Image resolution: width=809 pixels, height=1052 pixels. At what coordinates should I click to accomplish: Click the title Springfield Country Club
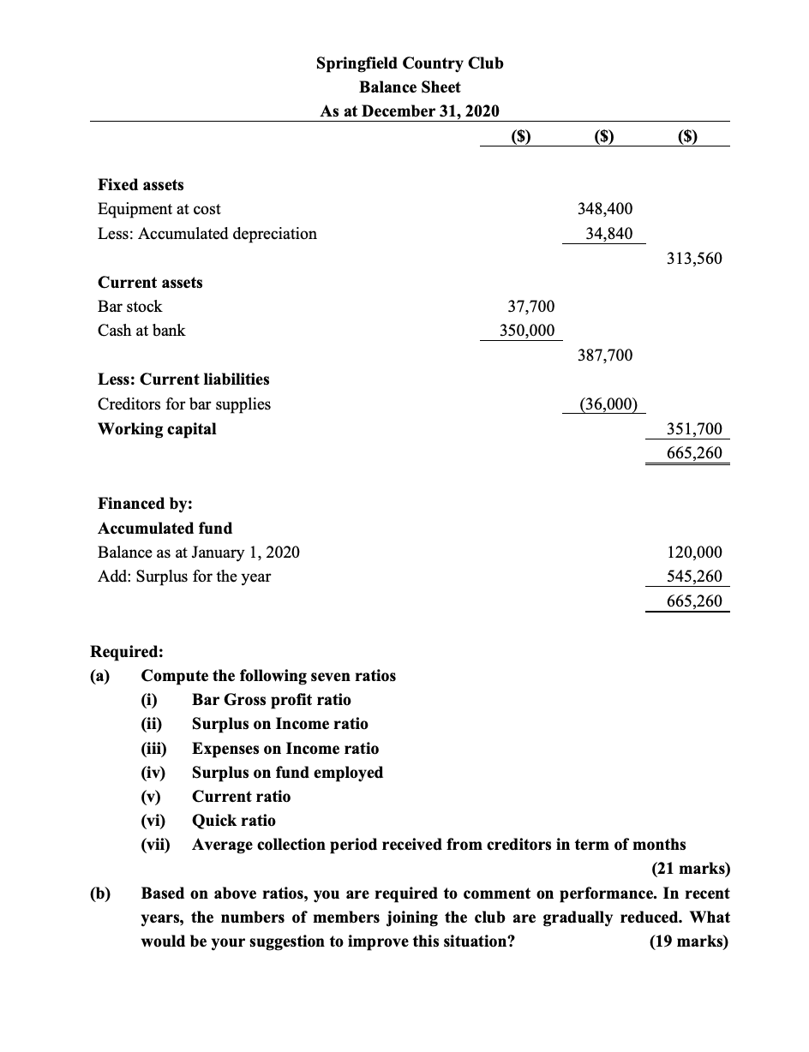410,63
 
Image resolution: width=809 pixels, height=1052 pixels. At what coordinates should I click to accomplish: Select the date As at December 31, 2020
410,111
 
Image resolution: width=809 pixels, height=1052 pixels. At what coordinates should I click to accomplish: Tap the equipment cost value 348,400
605,209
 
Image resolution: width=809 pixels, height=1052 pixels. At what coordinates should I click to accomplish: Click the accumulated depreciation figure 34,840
609,233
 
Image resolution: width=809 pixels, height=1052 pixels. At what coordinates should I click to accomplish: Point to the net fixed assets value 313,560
693,258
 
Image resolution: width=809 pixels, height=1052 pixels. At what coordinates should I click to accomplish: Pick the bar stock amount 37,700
530,306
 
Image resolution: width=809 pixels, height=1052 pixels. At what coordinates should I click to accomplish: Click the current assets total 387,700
605,355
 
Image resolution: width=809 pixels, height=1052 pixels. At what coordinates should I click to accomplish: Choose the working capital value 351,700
693,428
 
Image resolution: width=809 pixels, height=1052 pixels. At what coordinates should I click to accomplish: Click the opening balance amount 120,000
693,552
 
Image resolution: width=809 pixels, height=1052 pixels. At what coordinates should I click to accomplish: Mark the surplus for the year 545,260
693,576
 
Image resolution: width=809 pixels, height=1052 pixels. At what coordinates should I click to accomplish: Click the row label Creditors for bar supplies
184,403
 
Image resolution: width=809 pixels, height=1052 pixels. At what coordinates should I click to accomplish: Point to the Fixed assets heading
141,185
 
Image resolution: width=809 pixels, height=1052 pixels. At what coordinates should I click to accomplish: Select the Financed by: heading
145,504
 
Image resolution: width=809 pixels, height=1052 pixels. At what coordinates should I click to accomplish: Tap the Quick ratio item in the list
233,821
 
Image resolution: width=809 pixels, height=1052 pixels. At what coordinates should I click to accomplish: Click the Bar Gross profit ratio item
271,700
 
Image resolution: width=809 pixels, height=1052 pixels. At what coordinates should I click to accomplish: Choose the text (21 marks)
691,869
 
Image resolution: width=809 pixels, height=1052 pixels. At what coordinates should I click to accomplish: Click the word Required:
121,651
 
